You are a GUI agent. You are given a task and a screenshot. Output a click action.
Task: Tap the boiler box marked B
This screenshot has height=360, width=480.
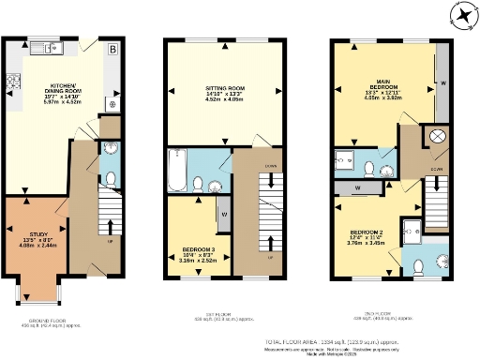pos(112,49)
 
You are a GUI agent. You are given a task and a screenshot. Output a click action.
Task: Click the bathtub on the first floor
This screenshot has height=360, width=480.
pos(178,169)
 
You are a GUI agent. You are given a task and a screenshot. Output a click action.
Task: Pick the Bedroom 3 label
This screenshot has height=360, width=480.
pos(199,252)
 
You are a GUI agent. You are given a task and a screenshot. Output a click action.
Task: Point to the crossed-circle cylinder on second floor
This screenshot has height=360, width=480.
pos(437,138)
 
